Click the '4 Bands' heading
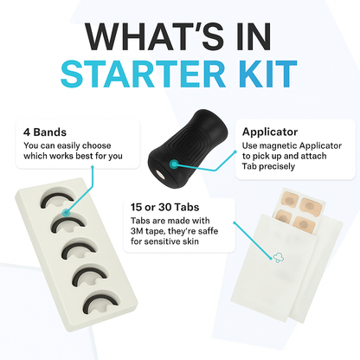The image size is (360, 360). pyautogui.click(x=42, y=133)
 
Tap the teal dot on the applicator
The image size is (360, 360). pyautogui.click(x=177, y=163)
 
